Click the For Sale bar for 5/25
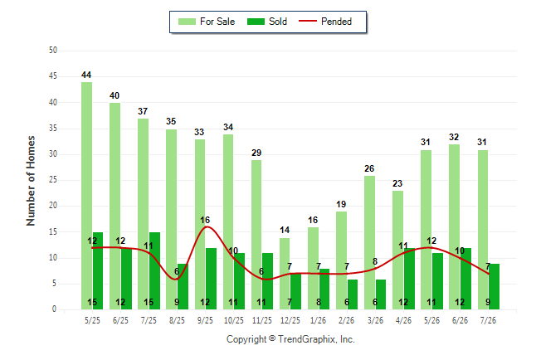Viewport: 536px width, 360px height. coord(86,196)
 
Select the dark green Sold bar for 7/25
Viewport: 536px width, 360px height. coord(154,271)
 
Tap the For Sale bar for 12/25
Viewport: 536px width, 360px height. coord(285,274)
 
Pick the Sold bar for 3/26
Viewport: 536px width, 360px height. coord(381,294)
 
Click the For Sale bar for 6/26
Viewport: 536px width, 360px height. coord(455,227)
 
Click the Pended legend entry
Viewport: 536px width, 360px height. coord(325,22)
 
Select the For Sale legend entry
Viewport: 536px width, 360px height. coord(207,22)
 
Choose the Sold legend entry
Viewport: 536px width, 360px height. coord(267,22)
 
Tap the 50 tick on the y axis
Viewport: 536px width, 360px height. coord(53,51)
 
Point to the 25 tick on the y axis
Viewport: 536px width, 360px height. coord(53,180)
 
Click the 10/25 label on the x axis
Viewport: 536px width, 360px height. coord(234,320)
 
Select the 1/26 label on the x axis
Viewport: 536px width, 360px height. coord(318,320)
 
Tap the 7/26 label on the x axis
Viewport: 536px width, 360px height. coord(488,320)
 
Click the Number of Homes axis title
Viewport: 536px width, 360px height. coord(31,181)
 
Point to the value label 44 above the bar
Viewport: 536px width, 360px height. coord(86,75)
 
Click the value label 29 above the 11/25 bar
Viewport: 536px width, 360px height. coord(256,153)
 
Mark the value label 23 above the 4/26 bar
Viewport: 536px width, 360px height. coord(397,183)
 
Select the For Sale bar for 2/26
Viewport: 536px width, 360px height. coord(341,260)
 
